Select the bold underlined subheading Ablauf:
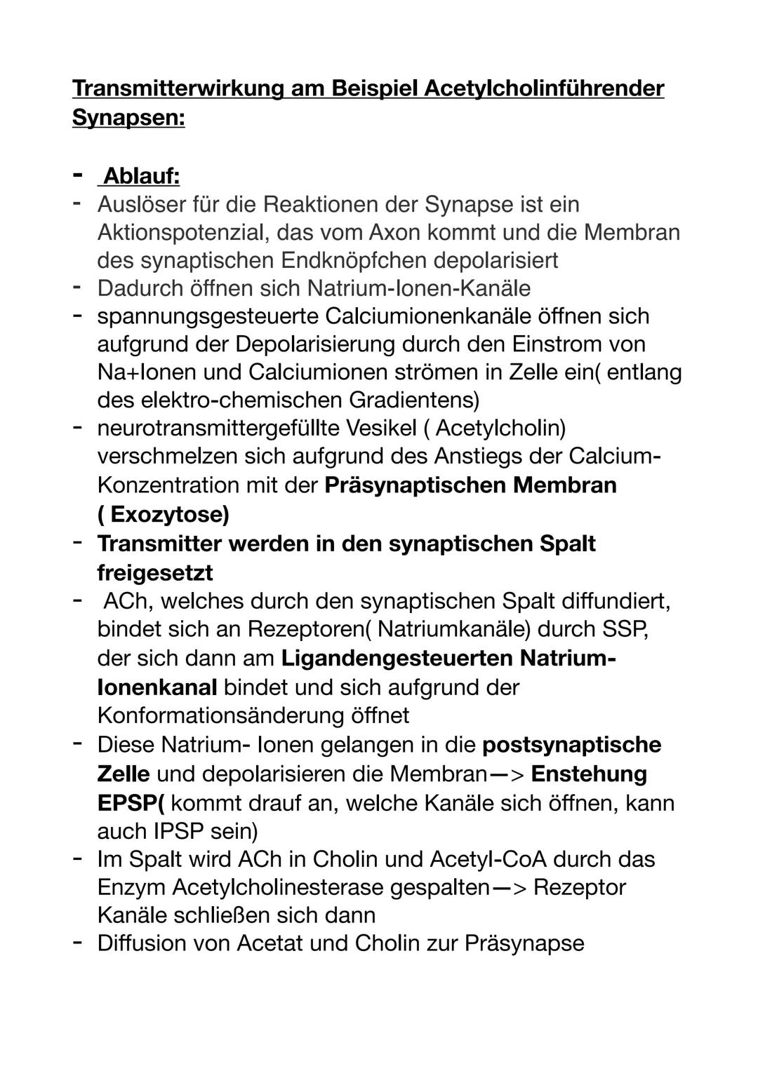[x=141, y=176]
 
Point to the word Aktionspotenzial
[x=180, y=232]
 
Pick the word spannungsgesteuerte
[x=207, y=316]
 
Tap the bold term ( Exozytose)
[x=163, y=515]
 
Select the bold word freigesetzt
[x=154, y=572]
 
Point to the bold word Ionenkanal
[x=157, y=687]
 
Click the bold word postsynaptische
[x=572, y=744]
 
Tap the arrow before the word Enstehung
[x=506, y=774]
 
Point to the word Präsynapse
[x=524, y=943]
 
